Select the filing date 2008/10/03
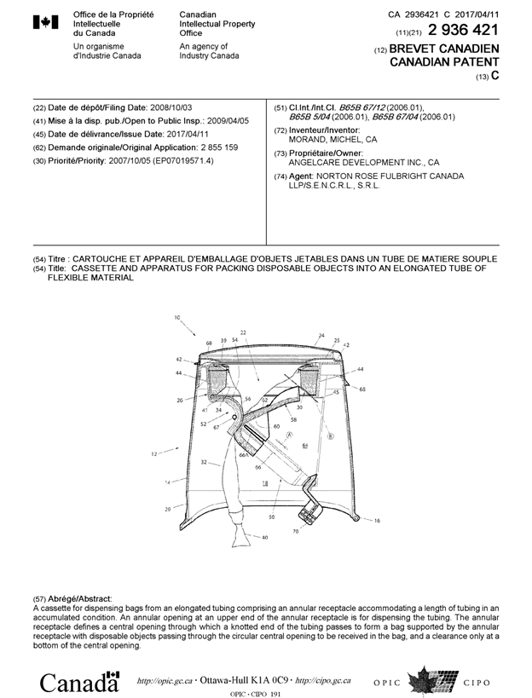pyautogui.click(x=172, y=108)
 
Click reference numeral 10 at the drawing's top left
pyautogui.click(x=177, y=318)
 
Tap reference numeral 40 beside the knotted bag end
pyautogui.click(x=265, y=537)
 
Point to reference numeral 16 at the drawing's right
pyautogui.click(x=377, y=520)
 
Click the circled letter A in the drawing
pyautogui.click(x=289, y=435)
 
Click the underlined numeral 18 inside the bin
pyautogui.click(x=265, y=482)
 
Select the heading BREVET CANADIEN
pyautogui.click(x=443, y=49)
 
